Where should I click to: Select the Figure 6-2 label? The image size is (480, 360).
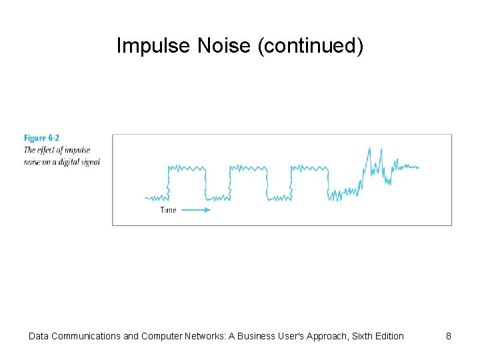(41, 138)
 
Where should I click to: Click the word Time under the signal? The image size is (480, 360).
(169, 210)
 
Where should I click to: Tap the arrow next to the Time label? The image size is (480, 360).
(196, 210)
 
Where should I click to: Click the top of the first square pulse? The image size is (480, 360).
(187, 167)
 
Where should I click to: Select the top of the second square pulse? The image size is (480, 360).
(249, 167)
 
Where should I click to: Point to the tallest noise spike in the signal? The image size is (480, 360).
(369, 150)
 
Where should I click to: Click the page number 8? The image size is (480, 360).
(449, 336)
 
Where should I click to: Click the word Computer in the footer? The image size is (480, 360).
(165, 336)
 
